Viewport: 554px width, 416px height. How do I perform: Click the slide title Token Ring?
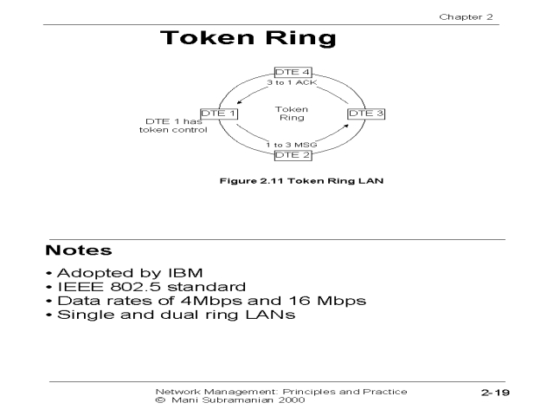(x=248, y=40)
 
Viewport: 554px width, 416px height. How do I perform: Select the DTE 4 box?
(x=292, y=72)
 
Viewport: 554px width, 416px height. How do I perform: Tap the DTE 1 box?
(x=219, y=114)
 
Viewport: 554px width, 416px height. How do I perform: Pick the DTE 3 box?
(x=364, y=114)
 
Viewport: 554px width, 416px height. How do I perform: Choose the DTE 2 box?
(x=292, y=155)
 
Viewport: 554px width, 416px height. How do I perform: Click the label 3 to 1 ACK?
(x=292, y=83)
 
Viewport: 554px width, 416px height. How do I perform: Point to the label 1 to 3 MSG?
(x=292, y=144)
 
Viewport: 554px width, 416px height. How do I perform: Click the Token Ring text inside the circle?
(x=292, y=114)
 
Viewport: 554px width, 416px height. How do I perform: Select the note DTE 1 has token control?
(x=173, y=126)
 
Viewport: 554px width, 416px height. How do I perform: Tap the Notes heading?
(x=79, y=251)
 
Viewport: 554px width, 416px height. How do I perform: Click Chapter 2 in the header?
(x=468, y=16)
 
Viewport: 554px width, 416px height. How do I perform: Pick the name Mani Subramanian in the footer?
(x=215, y=400)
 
